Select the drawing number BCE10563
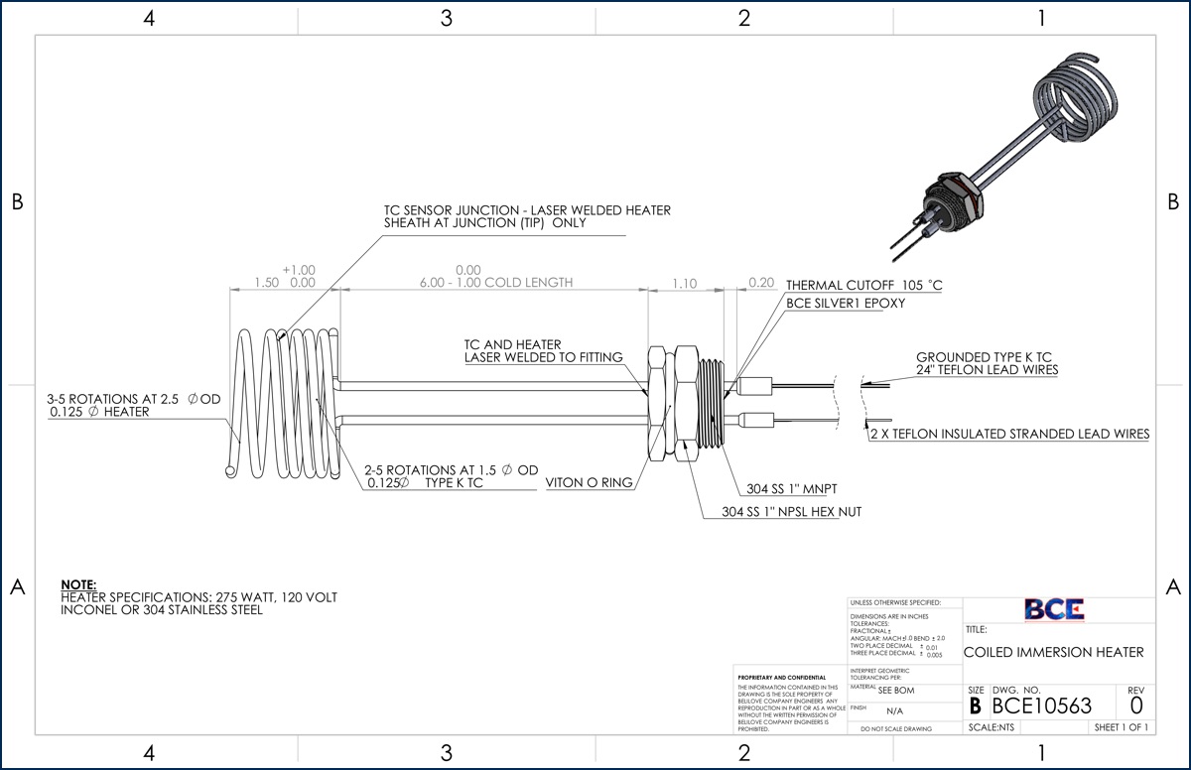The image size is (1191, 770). click(x=1041, y=706)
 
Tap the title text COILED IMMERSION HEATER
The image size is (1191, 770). click(x=1053, y=652)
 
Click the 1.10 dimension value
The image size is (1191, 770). click(x=684, y=283)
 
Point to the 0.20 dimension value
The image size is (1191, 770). click(x=761, y=283)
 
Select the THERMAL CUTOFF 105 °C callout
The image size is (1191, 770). click(x=863, y=286)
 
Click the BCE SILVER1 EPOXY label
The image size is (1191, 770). click(x=845, y=304)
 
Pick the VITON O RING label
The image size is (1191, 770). click(x=589, y=483)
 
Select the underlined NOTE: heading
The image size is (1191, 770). click(x=78, y=584)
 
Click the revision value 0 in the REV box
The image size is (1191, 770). click(x=1135, y=706)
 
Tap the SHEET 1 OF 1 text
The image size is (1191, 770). click(x=1121, y=727)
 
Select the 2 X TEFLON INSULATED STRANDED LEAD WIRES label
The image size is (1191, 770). click(x=1009, y=434)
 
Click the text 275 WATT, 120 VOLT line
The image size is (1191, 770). click(x=198, y=597)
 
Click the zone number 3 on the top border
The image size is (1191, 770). click(x=446, y=18)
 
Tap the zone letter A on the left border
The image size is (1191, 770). click(x=17, y=586)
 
